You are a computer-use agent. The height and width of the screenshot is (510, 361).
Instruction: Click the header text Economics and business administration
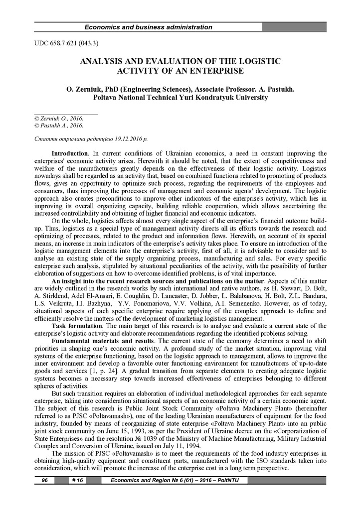(x=148, y=27)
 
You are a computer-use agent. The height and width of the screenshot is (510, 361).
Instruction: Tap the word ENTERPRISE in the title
(x=210, y=71)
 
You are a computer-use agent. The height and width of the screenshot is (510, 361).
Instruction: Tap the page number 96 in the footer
(x=44, y=480)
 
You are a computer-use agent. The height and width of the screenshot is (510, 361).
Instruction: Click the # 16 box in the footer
(x=77, y=480)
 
